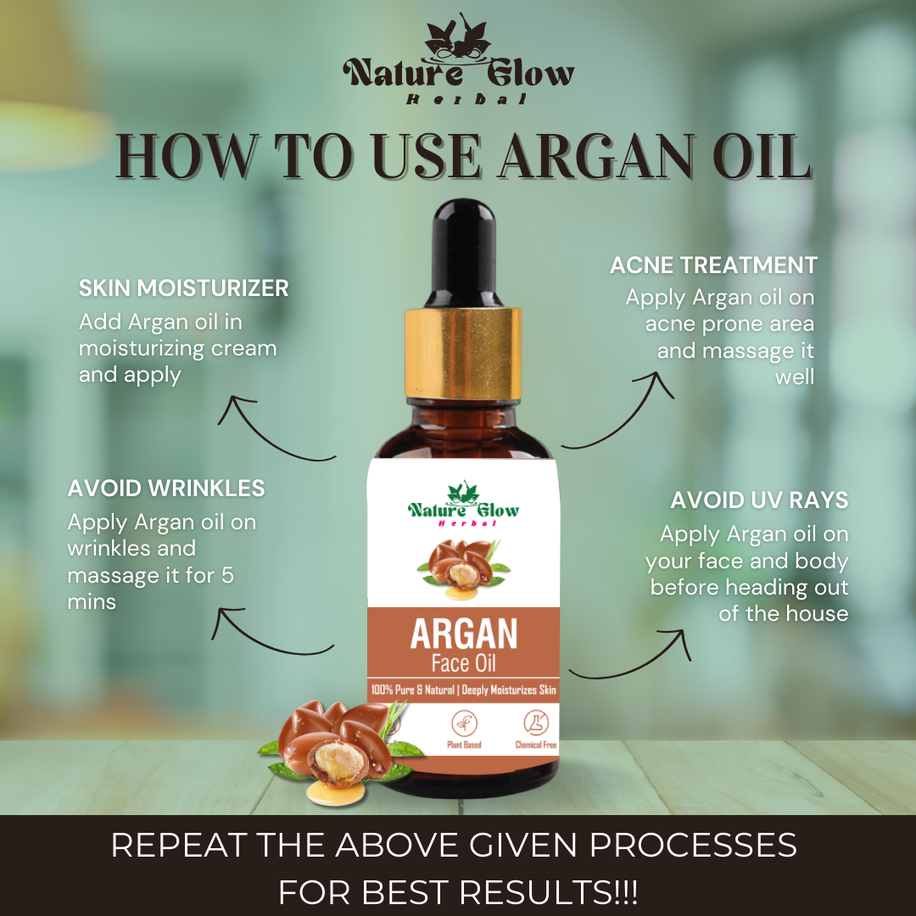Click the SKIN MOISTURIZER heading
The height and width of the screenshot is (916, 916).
click(183, 288)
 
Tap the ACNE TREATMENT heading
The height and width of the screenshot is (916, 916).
click(713, 265)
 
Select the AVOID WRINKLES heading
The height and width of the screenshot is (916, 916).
click(166, 489)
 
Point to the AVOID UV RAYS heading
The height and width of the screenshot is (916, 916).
click(759, 500)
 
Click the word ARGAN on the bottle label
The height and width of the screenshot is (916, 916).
click(463, 634)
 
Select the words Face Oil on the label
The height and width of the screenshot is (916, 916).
click(463, 662)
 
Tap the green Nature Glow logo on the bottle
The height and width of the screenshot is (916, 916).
click(463, 505)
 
